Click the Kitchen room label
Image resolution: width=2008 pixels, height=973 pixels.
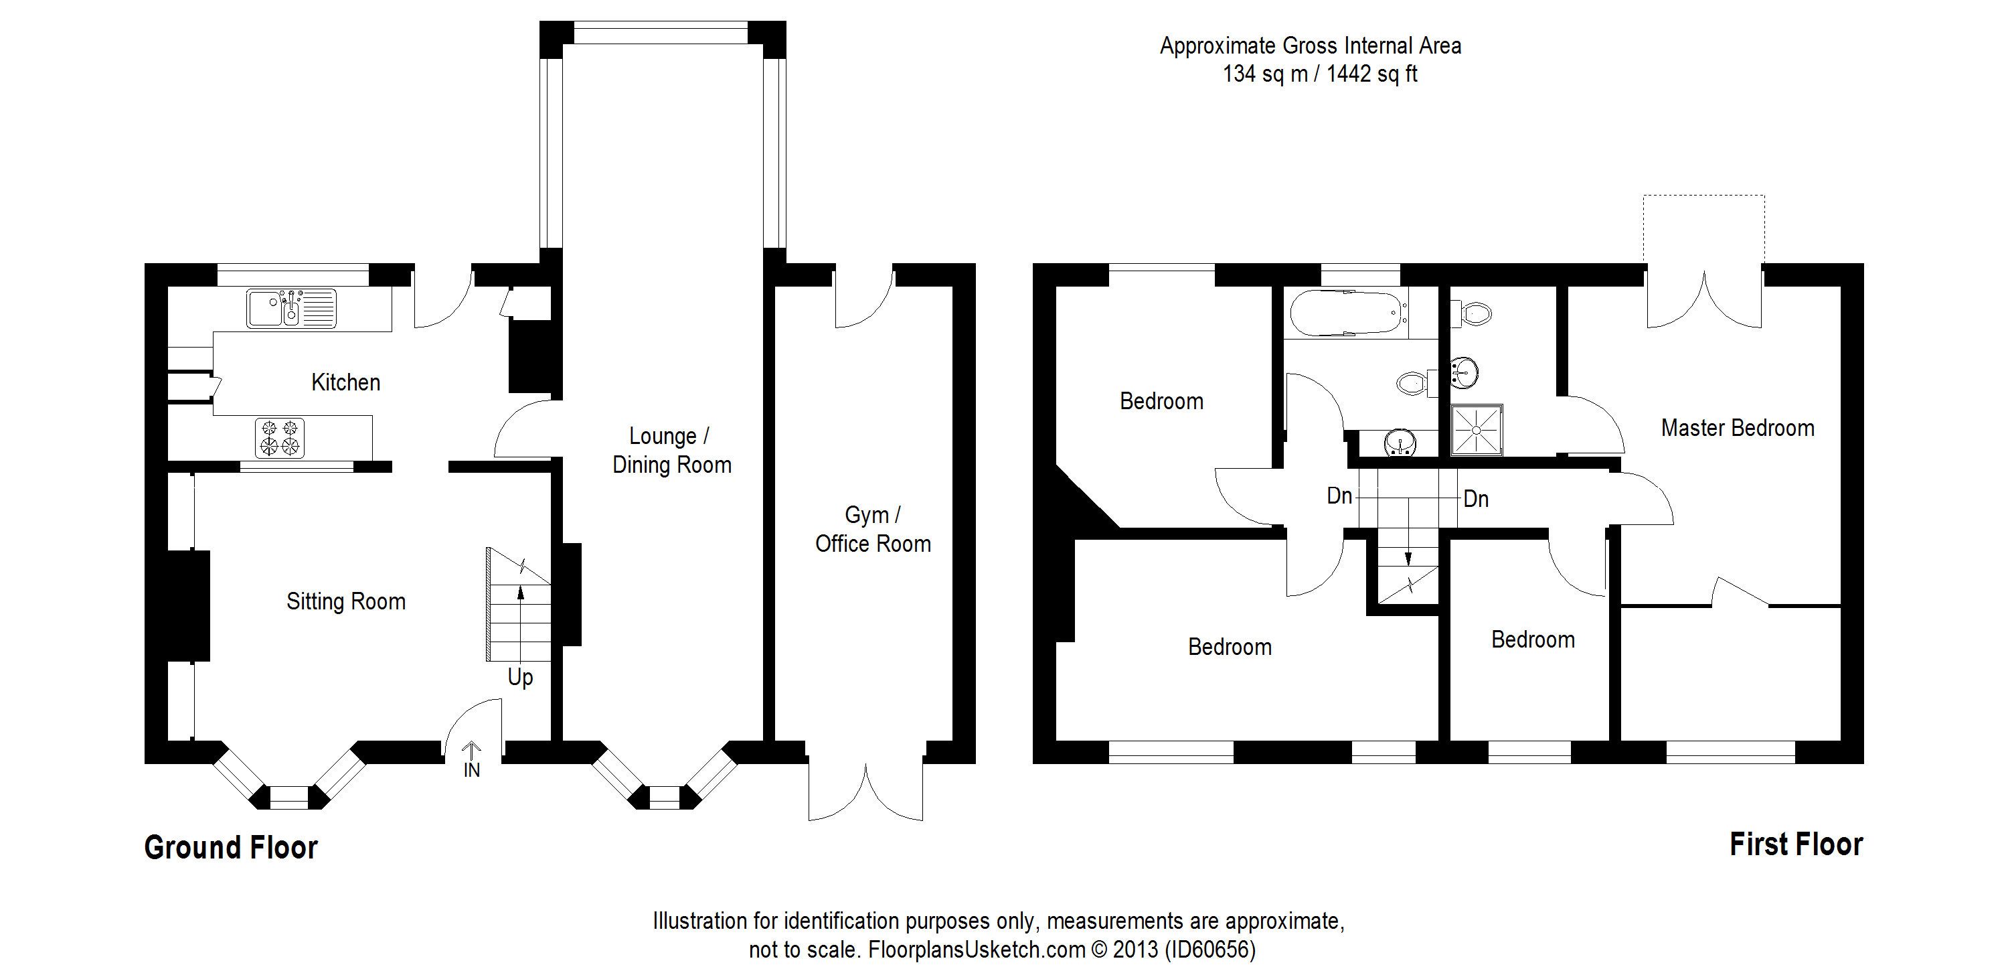tap(345, 382)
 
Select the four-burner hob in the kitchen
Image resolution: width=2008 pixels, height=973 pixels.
tap(280, 437)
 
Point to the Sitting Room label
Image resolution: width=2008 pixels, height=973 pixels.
tap(346, 601)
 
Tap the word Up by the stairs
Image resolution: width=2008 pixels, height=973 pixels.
tap(520, 678)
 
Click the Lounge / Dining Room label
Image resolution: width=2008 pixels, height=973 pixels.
tap(671, 451)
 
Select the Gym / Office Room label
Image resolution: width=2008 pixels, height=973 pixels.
tap(873, 530)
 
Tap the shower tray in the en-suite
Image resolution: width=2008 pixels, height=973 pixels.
tap(1476, 430)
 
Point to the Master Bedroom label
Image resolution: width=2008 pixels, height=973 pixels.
tap(1738, 427)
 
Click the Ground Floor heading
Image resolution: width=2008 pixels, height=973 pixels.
tap(231, 848)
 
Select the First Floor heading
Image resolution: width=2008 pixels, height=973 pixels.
tap(1796, 844)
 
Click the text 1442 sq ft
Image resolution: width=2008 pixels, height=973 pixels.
tap(1372, 74)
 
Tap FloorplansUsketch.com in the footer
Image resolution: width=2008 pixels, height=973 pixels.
tap(977, 950)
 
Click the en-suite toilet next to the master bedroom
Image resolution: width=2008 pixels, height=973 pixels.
tap(1472, 313)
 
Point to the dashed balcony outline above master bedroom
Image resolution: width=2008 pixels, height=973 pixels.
tap(1704, 196)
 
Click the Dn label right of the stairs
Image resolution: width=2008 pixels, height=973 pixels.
tap(1476, 499)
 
